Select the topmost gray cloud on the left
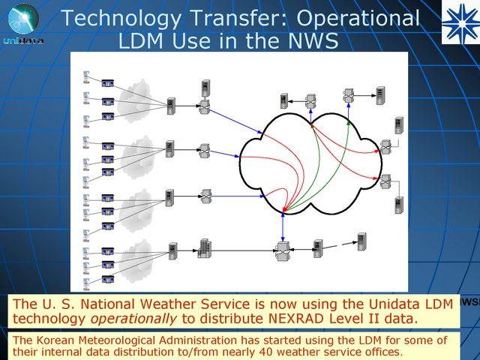point(134,97)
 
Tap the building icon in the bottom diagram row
point(202,248)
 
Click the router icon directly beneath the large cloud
point(282,248)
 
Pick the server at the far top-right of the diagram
point(381,94)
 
